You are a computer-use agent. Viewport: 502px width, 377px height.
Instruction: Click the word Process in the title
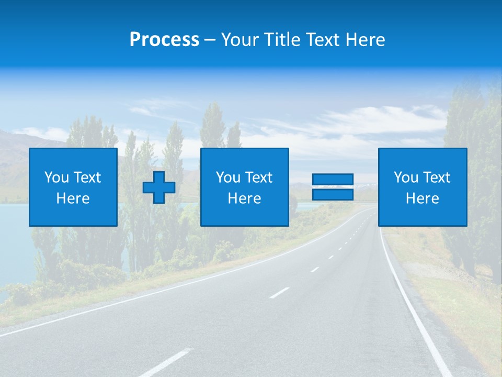click(164, 40)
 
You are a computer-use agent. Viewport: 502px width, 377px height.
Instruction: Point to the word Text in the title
click(323, 40)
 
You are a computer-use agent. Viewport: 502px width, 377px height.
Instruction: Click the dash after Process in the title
click(210, 40)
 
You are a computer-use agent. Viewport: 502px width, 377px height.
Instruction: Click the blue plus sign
click(159, 187)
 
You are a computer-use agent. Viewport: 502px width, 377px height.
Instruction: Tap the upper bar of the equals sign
click(333, 180)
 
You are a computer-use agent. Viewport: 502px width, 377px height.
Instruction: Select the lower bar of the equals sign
click(333, 194)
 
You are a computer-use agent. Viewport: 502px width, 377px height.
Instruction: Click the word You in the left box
click(56, 178)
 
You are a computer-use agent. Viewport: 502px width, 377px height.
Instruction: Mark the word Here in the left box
click(73, 198)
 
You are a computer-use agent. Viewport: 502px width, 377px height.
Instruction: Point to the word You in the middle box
click(227, 178)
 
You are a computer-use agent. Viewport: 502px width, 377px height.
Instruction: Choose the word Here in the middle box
click(244, 198)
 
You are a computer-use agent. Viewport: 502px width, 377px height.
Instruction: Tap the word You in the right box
click(405, 178)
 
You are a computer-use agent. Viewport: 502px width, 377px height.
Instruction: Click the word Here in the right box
click(422, 198)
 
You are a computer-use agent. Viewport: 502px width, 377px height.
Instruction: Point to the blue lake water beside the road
click(13, 241)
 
